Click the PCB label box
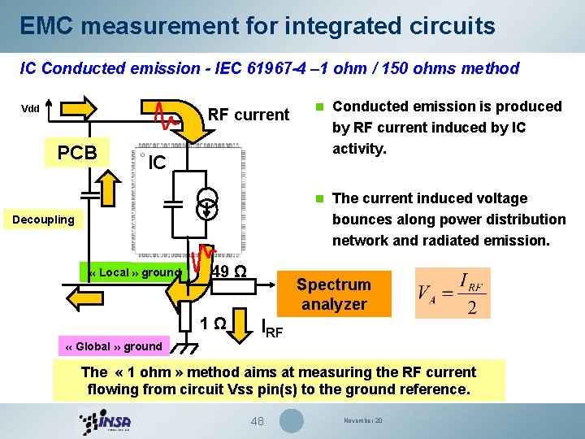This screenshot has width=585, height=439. [x=77, y=153]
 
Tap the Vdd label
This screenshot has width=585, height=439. [x=31, y=108]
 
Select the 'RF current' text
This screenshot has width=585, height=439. [x=249, y=115]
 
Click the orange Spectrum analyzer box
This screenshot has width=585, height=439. [x=333, y=294]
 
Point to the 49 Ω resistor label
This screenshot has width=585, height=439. [x=229, y=272]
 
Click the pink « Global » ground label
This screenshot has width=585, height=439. [x=113, y=346]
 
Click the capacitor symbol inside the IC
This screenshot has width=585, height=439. [x=172, y=202]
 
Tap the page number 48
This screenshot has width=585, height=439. [x=258, y=421]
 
